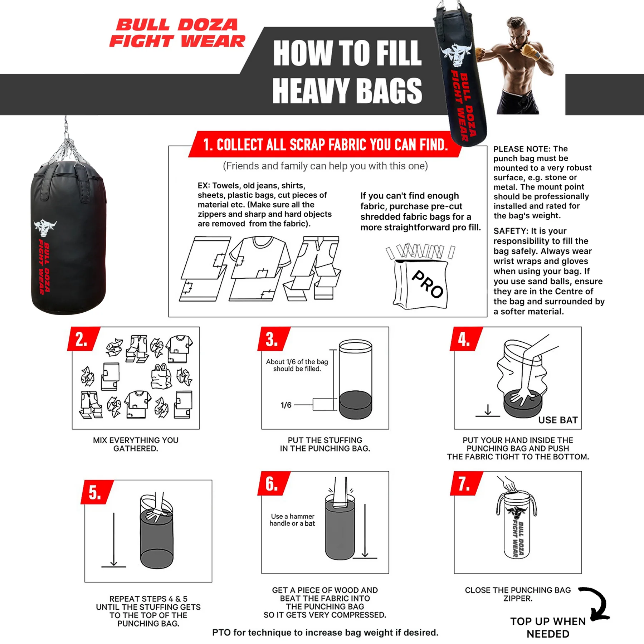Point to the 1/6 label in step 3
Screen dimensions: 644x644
tap(286, 405)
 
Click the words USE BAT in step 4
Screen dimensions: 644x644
tap(558, 420)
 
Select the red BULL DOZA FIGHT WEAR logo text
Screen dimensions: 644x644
tap(177, 33)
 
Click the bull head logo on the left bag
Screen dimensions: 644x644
tap(45, 228)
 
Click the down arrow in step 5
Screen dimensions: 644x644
tap(114, 539)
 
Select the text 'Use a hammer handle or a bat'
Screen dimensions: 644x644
tap(292, 520)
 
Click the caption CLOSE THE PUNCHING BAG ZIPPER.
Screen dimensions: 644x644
tap(518, 594)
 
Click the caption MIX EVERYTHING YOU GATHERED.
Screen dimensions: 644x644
tap(136, 444)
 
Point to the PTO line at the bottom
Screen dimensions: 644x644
tap(325, 633)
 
